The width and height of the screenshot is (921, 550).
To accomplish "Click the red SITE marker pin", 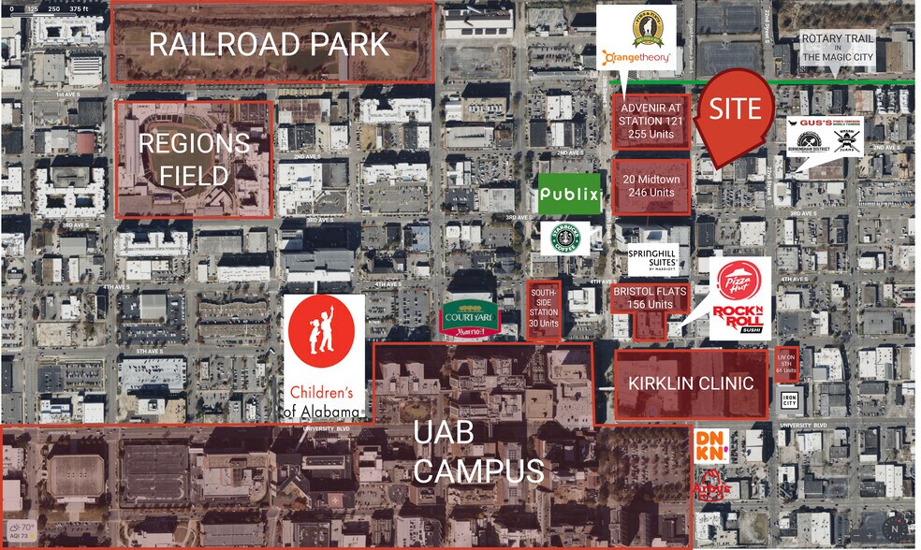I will pos(737,113).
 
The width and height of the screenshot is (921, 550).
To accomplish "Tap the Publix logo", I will pos(568,195).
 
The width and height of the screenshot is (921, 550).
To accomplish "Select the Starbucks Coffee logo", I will pos(564,239).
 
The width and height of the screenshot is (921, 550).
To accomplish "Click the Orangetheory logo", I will pos(638,60).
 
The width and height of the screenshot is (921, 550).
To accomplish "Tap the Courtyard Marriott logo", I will pos(471,318).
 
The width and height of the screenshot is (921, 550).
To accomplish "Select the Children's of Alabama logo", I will pos(324,357).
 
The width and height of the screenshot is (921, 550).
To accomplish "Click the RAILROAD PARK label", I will pos(269,44).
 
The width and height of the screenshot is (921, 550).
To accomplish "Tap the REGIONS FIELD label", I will pos(195,159).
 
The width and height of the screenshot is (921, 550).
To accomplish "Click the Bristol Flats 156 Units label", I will pos(650,297).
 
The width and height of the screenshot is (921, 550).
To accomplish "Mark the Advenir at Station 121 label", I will pos(651,121).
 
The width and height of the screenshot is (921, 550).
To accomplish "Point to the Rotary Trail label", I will pos(839,47).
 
